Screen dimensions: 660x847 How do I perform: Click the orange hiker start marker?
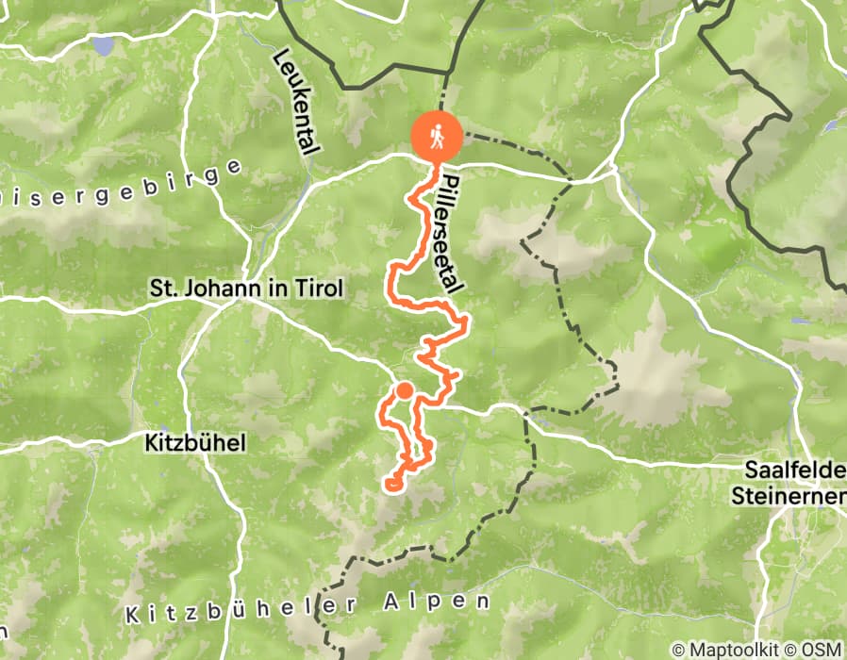(x=437, y=135)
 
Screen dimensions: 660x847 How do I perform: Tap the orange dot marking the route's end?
(x=404, y=390)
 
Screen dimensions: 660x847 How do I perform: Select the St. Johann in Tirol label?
(x=244, y=289)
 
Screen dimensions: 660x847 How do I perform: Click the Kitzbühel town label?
(x=196, y=441)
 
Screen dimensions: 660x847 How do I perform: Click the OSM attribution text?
(x=823, y=650)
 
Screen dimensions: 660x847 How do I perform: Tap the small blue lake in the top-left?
(x=101, y=44)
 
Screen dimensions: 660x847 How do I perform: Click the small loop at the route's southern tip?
(x=392, y=484)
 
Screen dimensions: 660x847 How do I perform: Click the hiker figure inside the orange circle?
(x=437, y=135)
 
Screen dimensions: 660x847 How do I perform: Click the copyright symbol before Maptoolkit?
(x=678, y=650)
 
